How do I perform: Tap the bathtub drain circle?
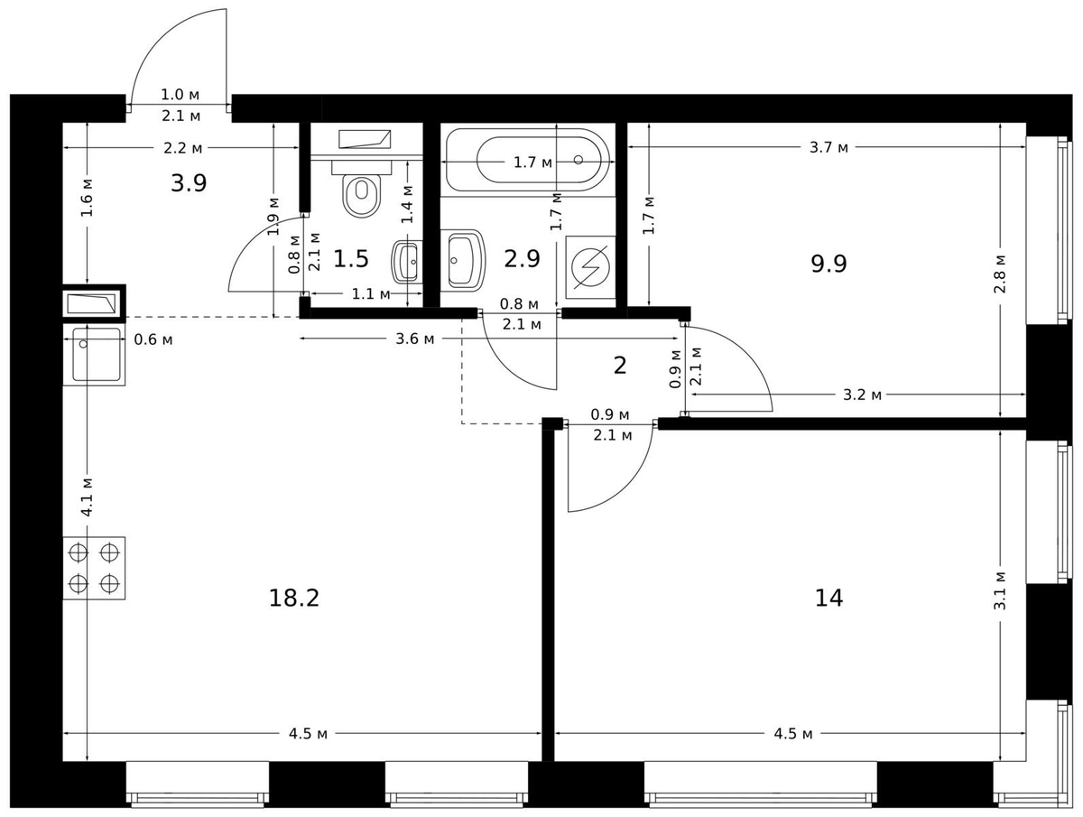[579, 160]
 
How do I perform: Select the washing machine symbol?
[590, 267]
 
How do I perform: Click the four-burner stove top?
[94, 568]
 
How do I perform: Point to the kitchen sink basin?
[97, 355]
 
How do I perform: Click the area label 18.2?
[294, 599]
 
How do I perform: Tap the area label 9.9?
[828, 264]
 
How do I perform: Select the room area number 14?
[828, 598]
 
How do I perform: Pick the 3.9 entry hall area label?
[189, 183]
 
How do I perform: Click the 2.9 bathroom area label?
[522, 258]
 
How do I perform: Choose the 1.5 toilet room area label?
[351, 259]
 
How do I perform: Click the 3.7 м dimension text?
[828, 147]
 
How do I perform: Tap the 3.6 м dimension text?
[415, 339]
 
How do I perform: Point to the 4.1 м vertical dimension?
[88, 497]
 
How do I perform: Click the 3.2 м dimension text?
[862, 395]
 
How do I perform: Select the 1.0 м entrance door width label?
[180, 94]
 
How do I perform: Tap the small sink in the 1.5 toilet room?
[407, 262]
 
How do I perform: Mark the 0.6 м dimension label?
[153, 339]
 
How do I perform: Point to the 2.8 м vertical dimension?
[1000, 274]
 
